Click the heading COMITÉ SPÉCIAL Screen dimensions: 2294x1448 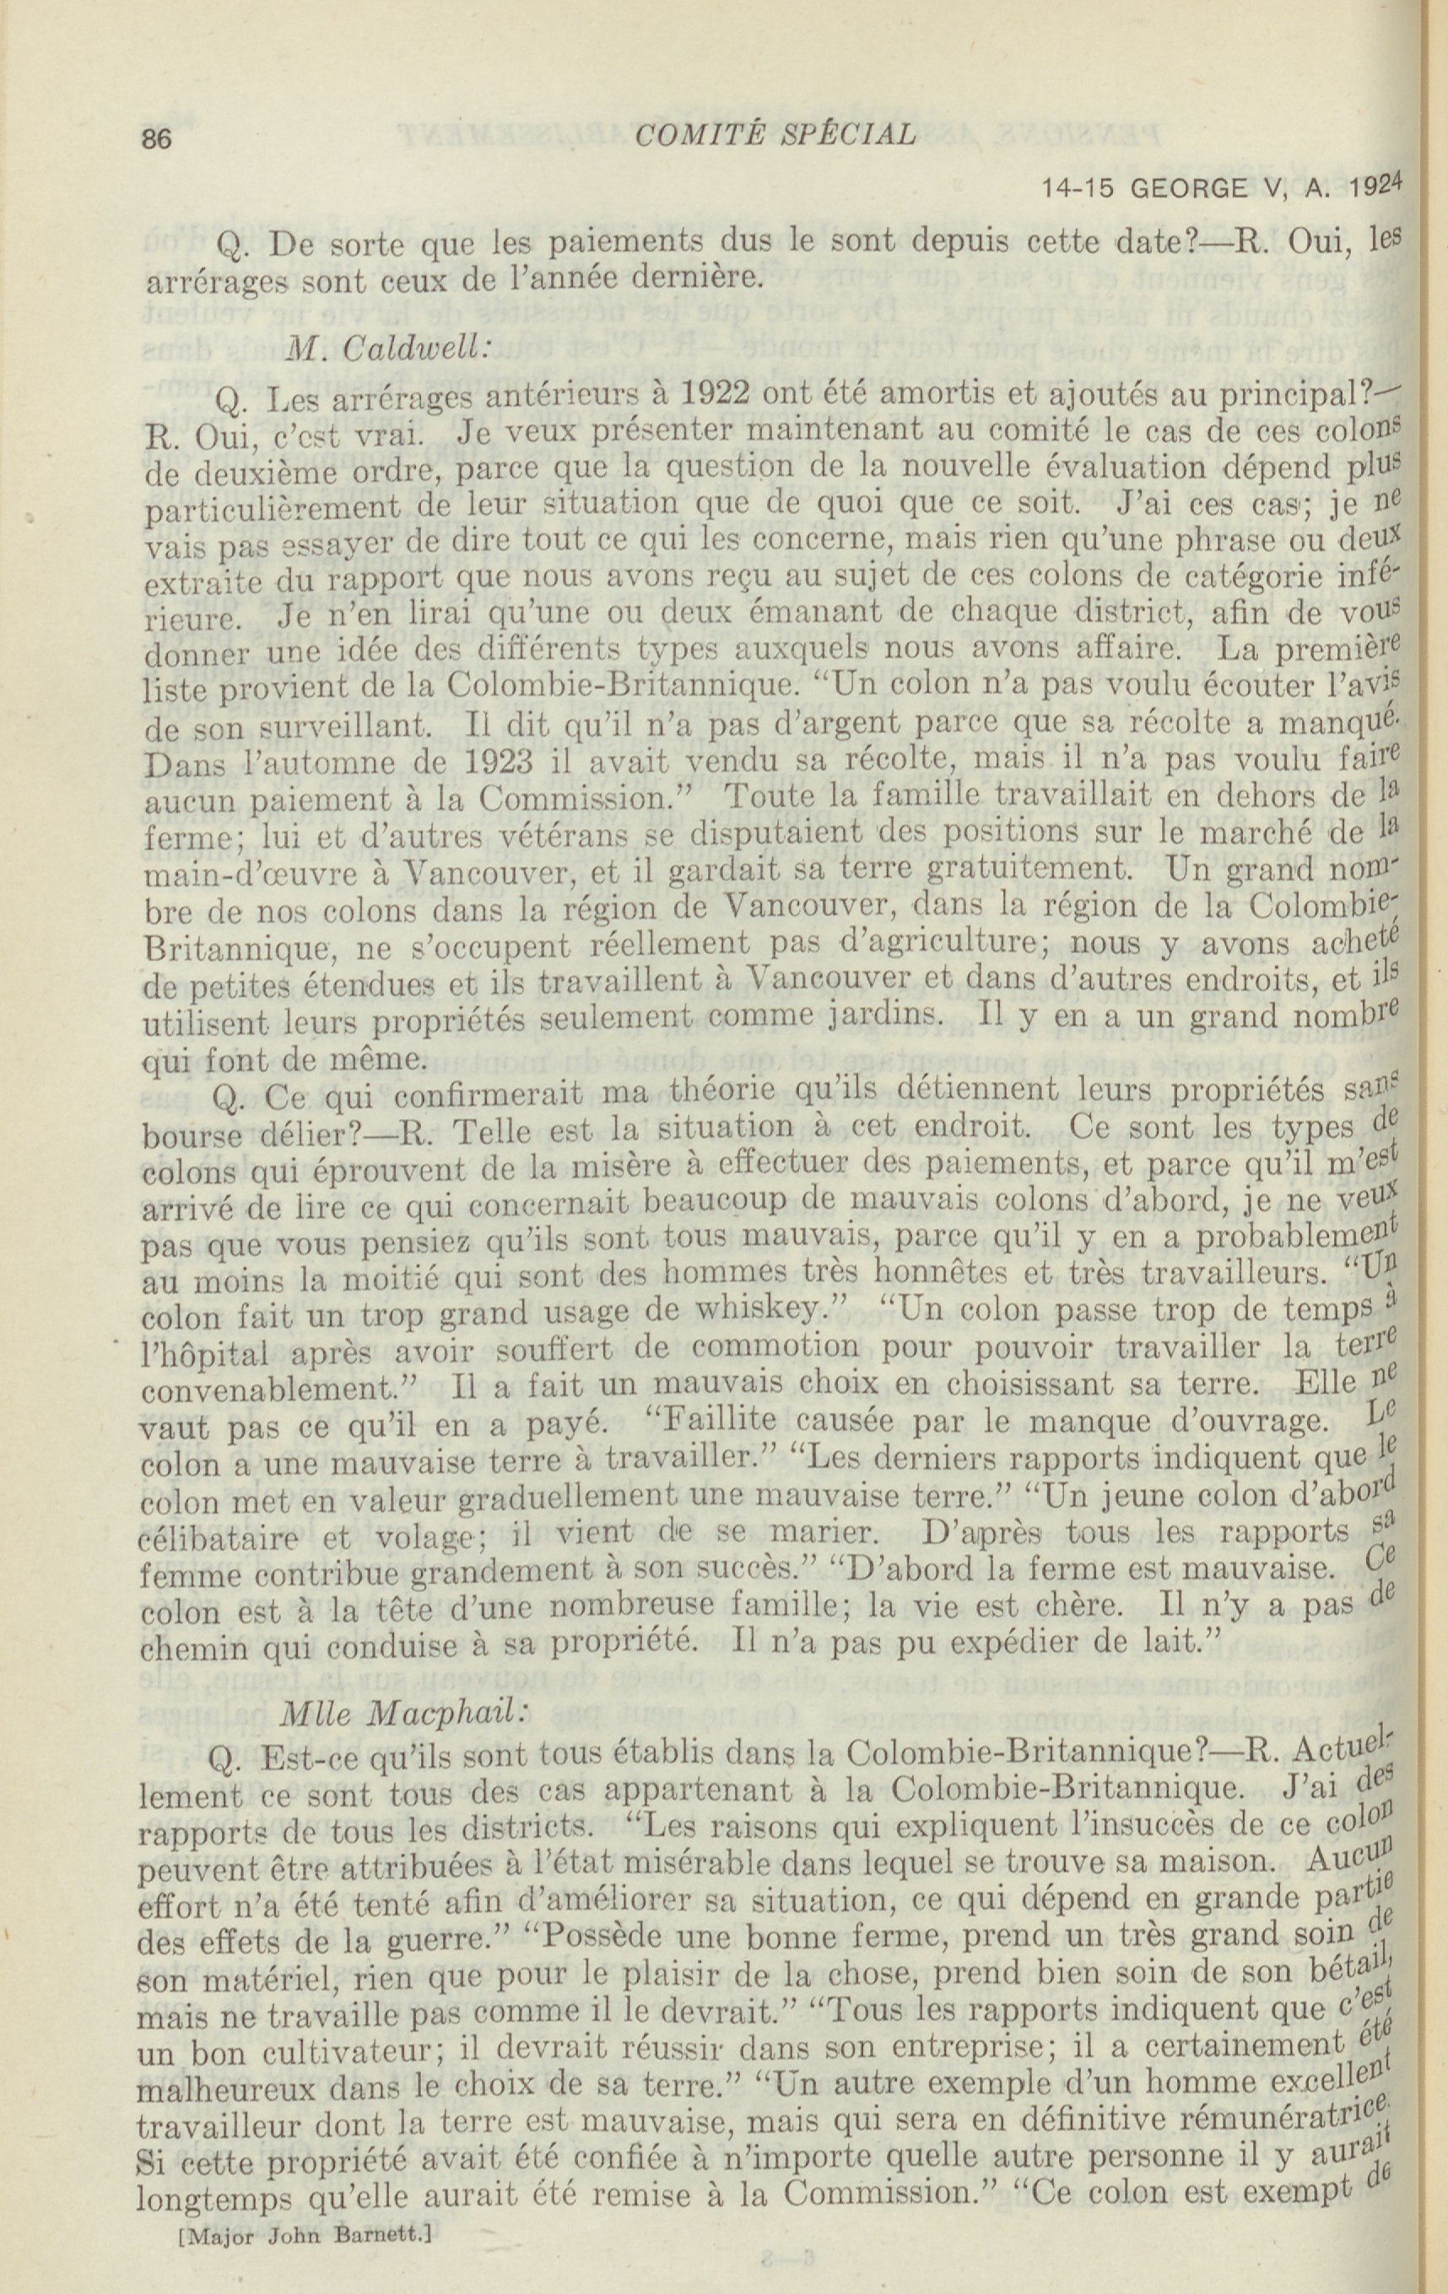(774, 134)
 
